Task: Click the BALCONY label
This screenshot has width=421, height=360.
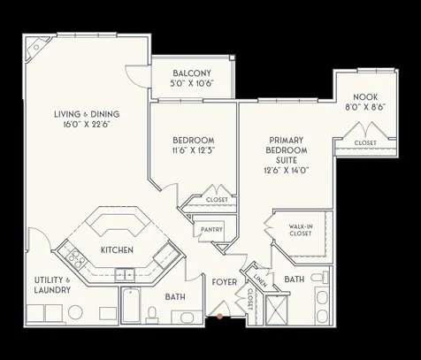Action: (x=192, y=72)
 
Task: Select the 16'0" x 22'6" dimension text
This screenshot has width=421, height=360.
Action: (x=87, y=124)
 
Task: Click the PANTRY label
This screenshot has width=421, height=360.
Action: (x=211, y=230)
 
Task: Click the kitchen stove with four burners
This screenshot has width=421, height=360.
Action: (x=76, y=260)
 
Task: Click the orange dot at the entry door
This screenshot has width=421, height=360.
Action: (x=218, y=316)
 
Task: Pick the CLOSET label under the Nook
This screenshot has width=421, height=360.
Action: (x=364, y=142)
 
